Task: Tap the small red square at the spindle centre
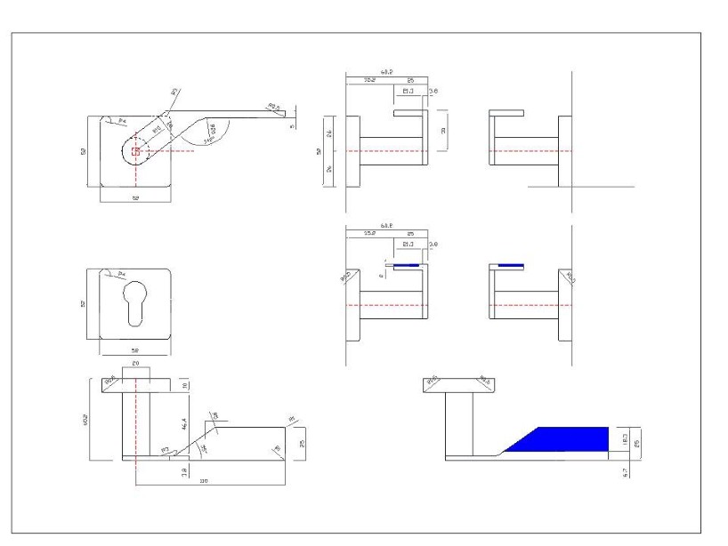(x=135, y=151)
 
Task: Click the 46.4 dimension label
(x=184, y=413)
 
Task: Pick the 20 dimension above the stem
(x=135, y=365)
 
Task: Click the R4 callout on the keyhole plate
(x=110, y=274)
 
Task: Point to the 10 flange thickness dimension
(x=185, y=384)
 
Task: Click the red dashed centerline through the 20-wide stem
(x=135, y=418)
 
